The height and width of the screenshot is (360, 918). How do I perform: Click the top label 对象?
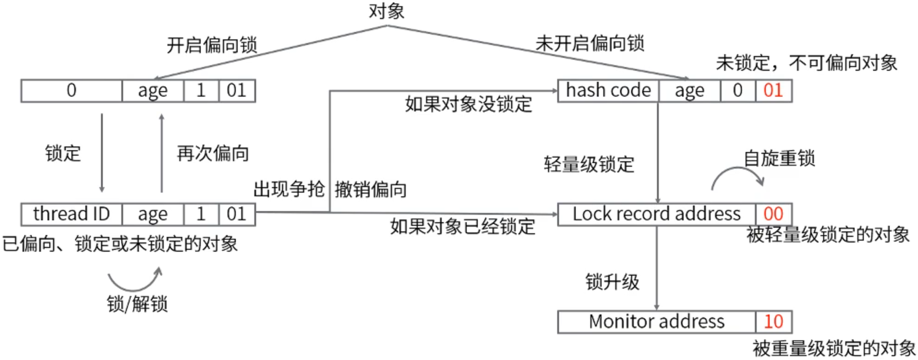click(387, 11)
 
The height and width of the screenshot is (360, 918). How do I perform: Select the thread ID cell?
click(71, 214)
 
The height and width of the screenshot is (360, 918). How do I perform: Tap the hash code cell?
click(608, 91)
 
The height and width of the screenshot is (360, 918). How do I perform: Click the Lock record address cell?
click(656, 214)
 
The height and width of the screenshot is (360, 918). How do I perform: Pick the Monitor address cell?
click(656, 322)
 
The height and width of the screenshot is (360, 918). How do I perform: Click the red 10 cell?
click(773, 322)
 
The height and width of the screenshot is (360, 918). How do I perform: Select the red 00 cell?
click(773, 214)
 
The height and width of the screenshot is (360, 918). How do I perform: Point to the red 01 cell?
click(773, 91)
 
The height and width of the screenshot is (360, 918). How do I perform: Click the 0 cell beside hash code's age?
click(738, 91)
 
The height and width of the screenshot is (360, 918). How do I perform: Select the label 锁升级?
click(612, 282)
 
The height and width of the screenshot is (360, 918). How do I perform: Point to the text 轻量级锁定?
click(589, 165)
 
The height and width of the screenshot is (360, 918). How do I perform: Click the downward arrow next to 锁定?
click(102, 154)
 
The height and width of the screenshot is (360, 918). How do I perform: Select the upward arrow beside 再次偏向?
click(161, 154)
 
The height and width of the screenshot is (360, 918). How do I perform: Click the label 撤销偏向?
click(371, 190)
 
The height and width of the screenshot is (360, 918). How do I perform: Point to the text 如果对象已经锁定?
click(463, 226)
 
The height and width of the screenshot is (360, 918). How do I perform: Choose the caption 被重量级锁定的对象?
click(834, 348)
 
